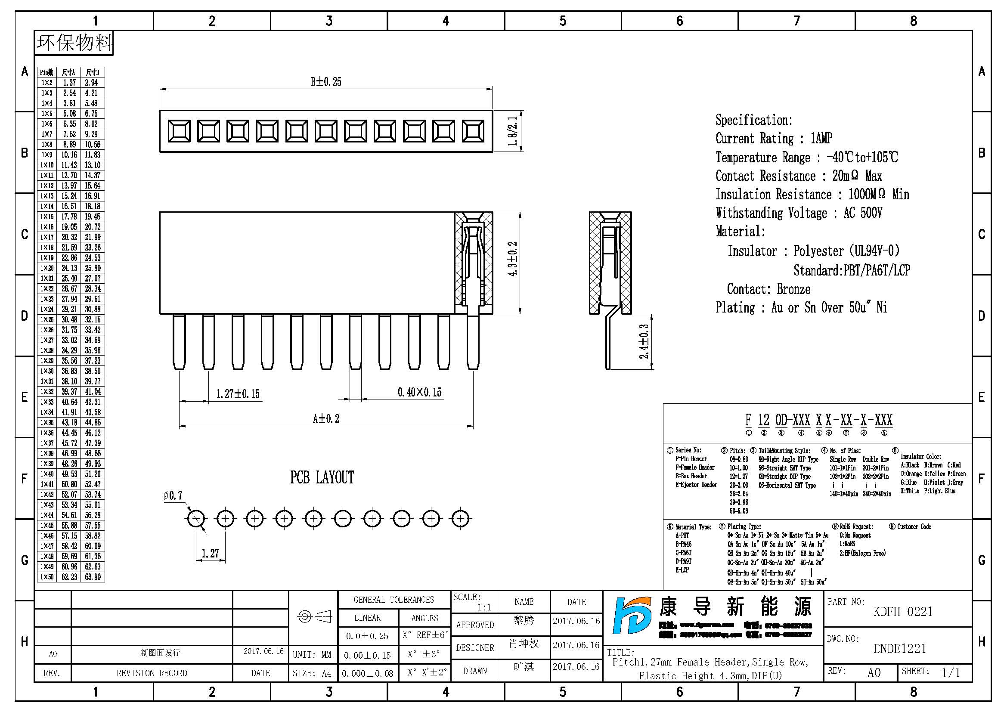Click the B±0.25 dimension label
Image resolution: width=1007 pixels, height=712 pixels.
(x=326, y=81)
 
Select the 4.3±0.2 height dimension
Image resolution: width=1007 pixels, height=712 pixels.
(x=512, y=259)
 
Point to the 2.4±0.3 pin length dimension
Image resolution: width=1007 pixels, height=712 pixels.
(x=643, y=341)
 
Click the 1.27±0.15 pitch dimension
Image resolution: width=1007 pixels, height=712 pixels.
(x=238, y=394)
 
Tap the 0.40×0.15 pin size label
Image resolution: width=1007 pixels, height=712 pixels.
(x=419, y=393)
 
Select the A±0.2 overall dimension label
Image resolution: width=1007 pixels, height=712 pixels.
(x=326, y=419)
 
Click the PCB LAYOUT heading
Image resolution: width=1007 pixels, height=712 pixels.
(x=322, y=477)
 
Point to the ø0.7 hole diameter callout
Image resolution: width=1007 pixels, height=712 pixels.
(x=173, y=496)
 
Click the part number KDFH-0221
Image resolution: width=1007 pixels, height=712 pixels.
(x=903, y=612)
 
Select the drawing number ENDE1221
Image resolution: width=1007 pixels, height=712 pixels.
(x=899, y=649)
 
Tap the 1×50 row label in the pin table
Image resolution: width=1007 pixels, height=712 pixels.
(x=47, y=577)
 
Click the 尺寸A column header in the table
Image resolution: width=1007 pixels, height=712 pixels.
(x=68, y=72)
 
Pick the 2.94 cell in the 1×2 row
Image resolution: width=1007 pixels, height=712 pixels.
(x=92, y=83)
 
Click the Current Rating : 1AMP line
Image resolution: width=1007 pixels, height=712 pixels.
(x=774, y=139)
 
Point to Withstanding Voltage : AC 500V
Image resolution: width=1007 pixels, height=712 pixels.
(x=798, y=213)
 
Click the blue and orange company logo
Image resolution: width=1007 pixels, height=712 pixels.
(x=632, y=616)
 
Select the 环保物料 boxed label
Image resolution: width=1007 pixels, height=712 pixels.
(x=74, y=43)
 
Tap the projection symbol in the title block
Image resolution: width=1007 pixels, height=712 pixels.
(x=314, y=617)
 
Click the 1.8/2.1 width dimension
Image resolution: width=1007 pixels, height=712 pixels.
(x=512, y=131)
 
